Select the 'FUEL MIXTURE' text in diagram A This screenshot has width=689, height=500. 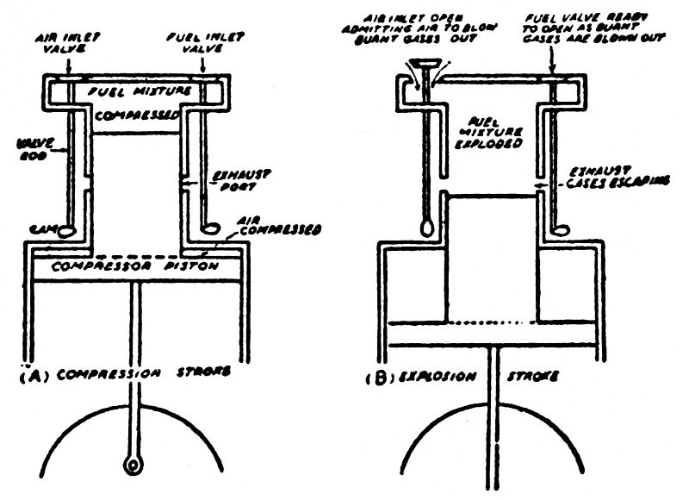click(x=139, y=90)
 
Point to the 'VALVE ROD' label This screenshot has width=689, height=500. click(x=25, y=153)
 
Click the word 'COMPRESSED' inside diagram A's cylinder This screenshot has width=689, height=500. click(x=139, y=113)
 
